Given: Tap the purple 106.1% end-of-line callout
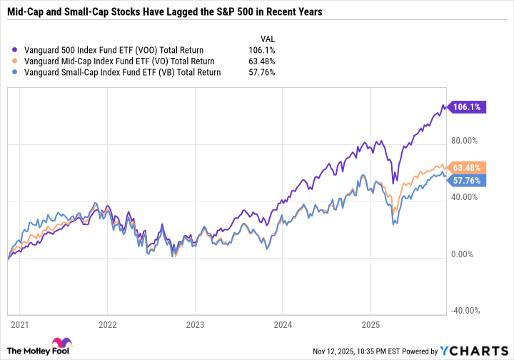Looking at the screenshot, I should tap(468, 107).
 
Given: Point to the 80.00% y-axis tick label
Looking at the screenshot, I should tap(468, 141).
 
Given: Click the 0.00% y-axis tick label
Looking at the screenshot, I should tap(465, 254).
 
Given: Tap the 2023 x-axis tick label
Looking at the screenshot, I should tap(194, 323).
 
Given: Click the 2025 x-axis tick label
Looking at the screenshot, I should tap(370, 323).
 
